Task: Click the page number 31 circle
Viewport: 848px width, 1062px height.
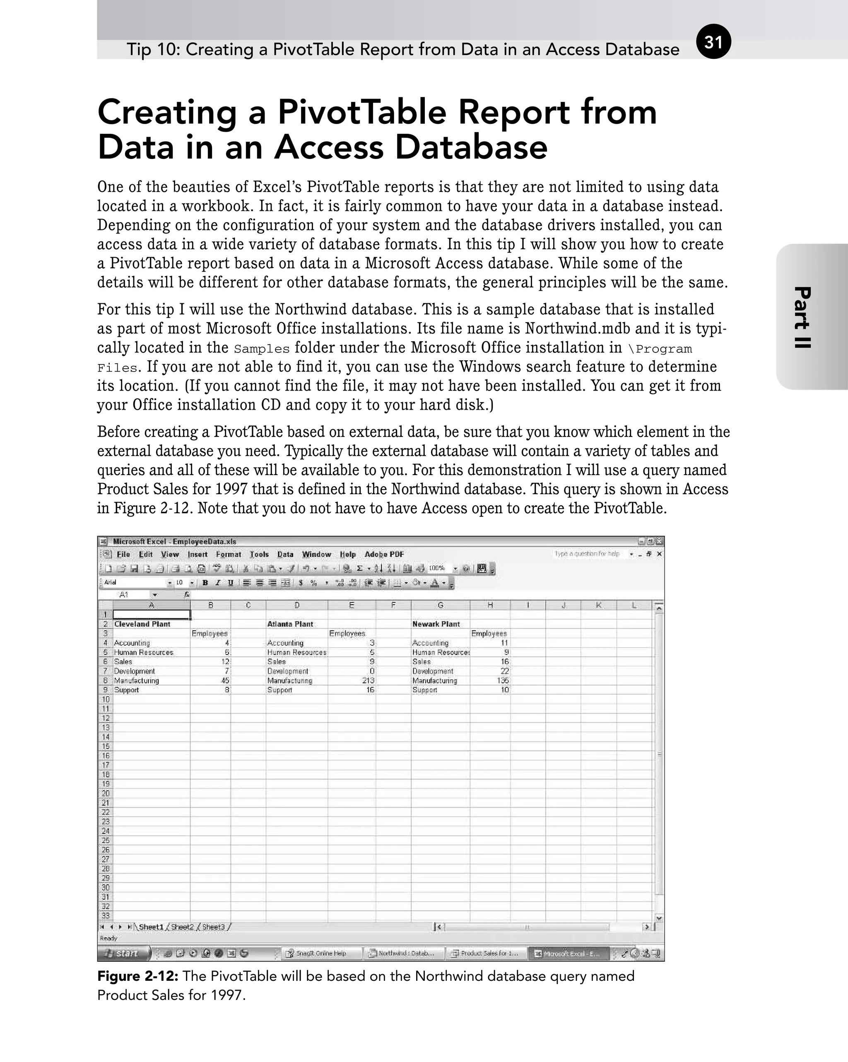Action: click(713, 42)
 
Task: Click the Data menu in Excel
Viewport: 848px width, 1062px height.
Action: click(285, 554)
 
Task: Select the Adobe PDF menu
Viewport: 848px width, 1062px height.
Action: click(384, 554)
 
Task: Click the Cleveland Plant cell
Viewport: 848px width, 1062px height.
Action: click(142, 624)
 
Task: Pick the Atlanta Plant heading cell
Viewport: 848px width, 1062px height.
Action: click(290, 624)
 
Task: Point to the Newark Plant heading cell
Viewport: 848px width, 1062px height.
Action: click(436, 624)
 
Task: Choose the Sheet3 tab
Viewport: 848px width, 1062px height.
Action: click(213, 927)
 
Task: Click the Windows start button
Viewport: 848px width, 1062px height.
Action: click(125, 953)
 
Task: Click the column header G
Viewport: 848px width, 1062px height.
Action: click(440, 606)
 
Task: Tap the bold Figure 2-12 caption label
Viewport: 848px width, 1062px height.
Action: click(138, 976)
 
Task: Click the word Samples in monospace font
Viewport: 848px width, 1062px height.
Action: click(262, 349)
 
